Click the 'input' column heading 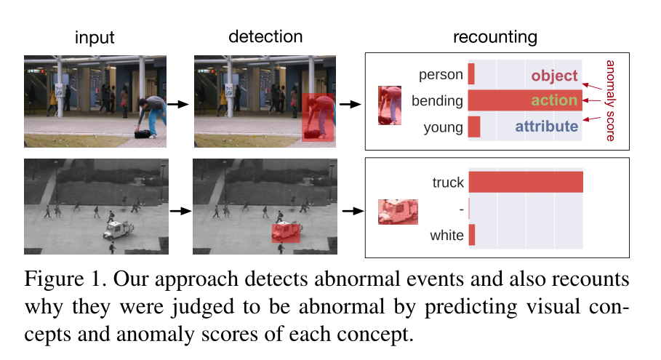point(95,37)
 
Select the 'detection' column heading point(265,36)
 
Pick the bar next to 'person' point(471,74)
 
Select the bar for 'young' point(473,127)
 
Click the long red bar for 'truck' point(525,183)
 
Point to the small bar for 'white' point(471,235)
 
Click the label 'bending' point(437,100)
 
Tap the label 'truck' point(448,183)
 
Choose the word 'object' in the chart point(554,76)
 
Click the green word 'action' point(554,100)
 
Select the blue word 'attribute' point(547,127)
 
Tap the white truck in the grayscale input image point(118,230)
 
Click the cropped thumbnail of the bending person point(390,105)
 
